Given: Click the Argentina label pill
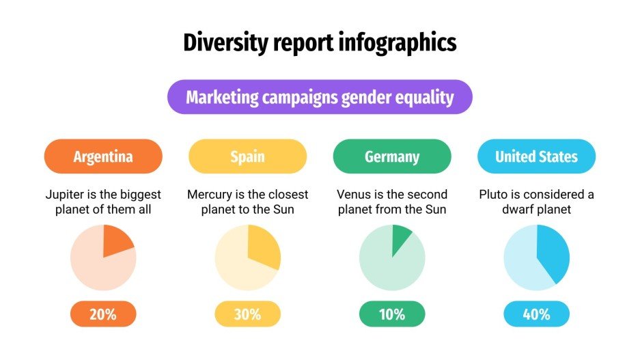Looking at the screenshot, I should point(103,156).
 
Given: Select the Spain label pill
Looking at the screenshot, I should point(247,156).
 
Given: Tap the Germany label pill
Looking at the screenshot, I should point(392,156).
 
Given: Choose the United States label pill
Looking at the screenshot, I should point(536,156).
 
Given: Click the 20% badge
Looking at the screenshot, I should point(103,314).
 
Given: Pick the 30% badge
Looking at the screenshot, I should point(247,314).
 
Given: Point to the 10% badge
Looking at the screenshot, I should point(392,314).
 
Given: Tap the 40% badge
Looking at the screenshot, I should point(536,314).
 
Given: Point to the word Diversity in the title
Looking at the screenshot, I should point(221,43).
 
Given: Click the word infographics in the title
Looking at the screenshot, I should point(398,43).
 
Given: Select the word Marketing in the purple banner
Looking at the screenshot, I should point(222,97).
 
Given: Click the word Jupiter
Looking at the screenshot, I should point(66,195).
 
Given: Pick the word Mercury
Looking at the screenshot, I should point(210,195).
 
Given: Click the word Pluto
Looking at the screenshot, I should point(493,195).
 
